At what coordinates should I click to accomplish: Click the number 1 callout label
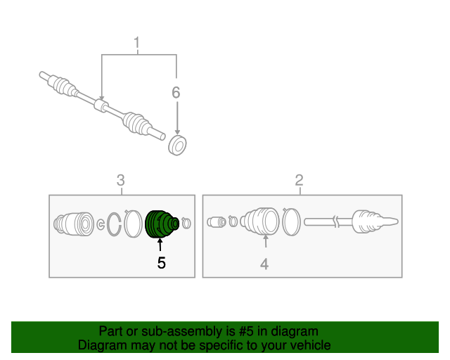click(x=136, y=42)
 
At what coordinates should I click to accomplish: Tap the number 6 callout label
click(x=176, y=92)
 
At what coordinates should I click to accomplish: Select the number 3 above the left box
click(x=121, y=180)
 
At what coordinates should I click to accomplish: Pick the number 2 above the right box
click(x=299, y=180)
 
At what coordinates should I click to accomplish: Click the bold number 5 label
click(x=161, y=263)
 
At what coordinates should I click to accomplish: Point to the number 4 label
click(x=264, y=264)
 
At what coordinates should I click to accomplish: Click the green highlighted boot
click(x=162, y=224)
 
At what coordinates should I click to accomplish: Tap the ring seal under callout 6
click(x=177, y=146)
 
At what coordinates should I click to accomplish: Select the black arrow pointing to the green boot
click(x=160, y=245)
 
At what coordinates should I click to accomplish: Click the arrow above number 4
click(x=266, y=241)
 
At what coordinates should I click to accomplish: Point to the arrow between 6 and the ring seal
click(x=177, y=118)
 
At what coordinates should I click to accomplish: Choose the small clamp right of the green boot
click(x=186, y=223)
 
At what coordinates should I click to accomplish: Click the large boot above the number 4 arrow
click(x=259, y=221)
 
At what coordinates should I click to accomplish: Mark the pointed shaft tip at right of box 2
click(x=392, y=221)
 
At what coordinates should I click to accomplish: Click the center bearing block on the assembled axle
click(x=101, y=105)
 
